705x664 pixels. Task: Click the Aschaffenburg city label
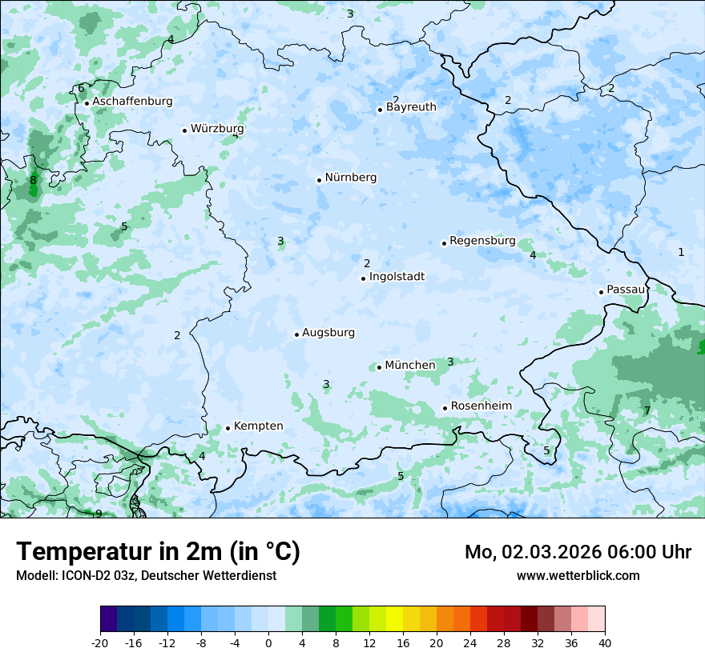[132, 102]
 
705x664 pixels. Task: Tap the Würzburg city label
[217, 129]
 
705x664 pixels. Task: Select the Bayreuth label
[411, 107]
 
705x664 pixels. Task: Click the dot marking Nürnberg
[319, 180]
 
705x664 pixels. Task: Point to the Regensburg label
[482, 241]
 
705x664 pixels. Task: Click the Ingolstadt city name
[397, 277]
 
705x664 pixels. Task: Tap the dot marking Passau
[601, 292]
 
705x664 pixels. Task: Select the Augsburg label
[328, 333]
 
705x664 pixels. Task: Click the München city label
[410, 366]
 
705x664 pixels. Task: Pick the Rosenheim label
[481, 406]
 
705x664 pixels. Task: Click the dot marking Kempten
[228, 428]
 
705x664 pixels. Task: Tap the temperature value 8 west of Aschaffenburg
[33, 181]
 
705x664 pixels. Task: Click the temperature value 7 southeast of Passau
[647, 411]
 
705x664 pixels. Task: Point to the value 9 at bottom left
[99, 514]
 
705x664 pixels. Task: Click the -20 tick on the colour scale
[100, 642]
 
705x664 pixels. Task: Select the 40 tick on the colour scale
[605, 642]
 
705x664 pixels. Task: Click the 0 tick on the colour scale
[268, 642]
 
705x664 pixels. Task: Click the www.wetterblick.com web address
[578, 576]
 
